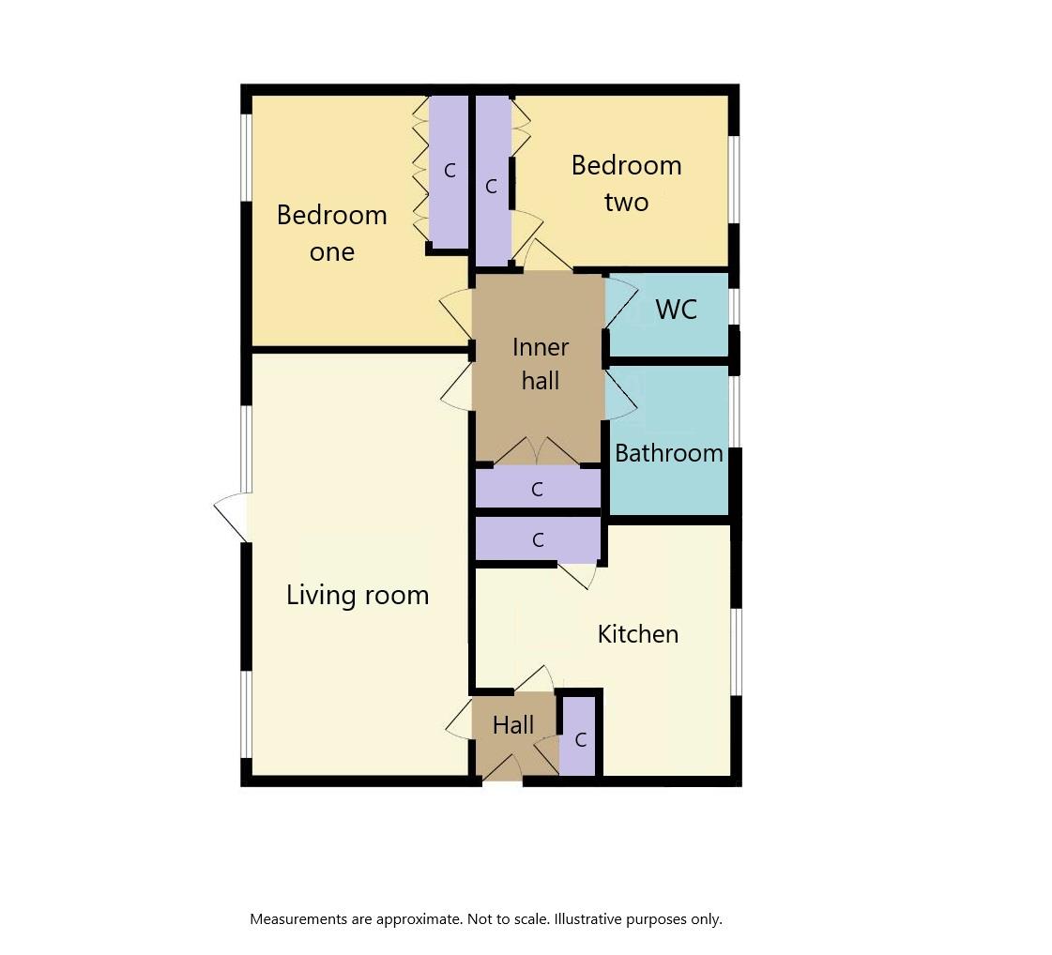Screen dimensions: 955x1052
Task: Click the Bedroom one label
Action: [x=331, y=233]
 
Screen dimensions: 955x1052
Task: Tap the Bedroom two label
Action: [x=626, y=183]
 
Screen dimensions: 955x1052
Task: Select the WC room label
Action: [x=676, y=310]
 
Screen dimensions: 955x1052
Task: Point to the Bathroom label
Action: [x=668, y=453]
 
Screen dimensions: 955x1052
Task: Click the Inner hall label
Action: [x=541, y=363]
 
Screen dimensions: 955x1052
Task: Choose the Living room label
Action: [x=358, y=595]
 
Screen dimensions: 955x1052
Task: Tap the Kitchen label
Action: [x=637, y=634]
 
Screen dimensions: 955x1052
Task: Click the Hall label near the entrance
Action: [x=513, y=725]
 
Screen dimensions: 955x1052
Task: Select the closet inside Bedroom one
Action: [x=449, y=171]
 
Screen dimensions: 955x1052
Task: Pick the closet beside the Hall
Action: [x=580, y=738]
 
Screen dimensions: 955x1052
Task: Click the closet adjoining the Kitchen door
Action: [x=538, y=539]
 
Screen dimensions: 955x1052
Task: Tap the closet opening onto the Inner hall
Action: [x=537, y=489]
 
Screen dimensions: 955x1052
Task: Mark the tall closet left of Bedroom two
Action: [x=492, y=183]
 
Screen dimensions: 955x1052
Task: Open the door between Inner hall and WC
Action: [x=620, y=303]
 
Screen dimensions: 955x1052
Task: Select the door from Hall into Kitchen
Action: [x=535, y=679]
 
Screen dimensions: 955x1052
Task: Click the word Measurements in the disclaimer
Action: [x=297, y=919]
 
